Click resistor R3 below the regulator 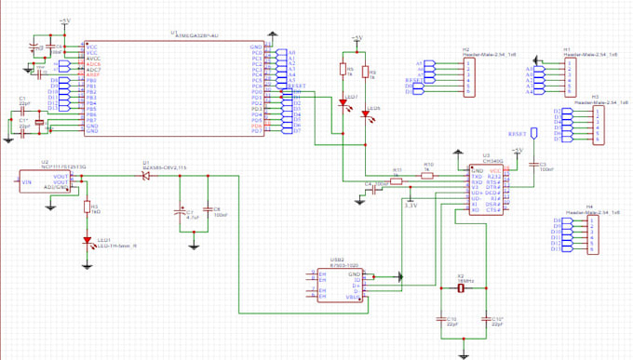click(87, 208)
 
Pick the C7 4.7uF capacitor click(182, 213)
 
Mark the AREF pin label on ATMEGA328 click(92, 73)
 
